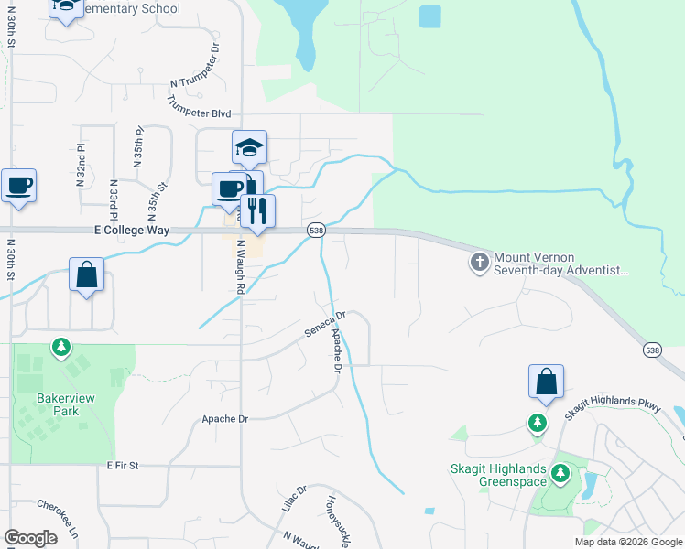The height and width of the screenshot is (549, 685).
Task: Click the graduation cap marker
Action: (249, 147)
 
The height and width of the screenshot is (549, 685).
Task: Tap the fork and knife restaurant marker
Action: (257, 211)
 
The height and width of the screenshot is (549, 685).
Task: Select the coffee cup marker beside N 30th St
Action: (19, 186)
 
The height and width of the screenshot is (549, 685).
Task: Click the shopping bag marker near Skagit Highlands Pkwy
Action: (546, 382)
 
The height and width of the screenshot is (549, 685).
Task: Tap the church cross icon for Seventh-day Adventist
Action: (478, 264)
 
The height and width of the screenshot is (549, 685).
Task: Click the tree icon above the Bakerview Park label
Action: (60, 348)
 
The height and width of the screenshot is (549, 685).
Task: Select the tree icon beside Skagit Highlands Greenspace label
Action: (560, 474)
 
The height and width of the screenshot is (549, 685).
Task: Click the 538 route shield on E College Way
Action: (315, 231)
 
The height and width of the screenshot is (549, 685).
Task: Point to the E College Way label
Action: (132, 231)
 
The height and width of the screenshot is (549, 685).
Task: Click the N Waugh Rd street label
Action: (241, 266)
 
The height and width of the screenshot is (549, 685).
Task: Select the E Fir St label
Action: (121, 466)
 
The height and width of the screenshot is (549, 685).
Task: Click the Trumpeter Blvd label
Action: (198, 108)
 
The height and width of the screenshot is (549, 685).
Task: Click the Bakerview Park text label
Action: (59, 404)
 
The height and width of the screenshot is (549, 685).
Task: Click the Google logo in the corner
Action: (30, 538)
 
